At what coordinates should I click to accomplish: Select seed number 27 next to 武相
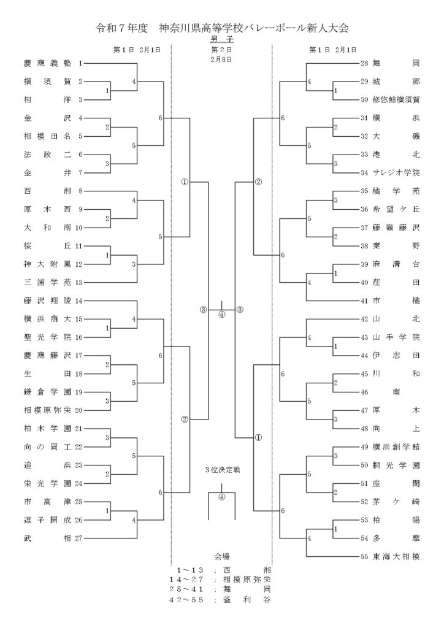click(79, 538)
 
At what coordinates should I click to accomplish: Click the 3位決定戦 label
click(221, 470)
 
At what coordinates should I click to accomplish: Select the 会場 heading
click(221, 557)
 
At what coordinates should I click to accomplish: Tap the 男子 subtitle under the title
click(221, 39)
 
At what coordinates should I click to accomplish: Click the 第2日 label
click(221, 49)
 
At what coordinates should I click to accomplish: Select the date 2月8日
click(221, 59)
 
